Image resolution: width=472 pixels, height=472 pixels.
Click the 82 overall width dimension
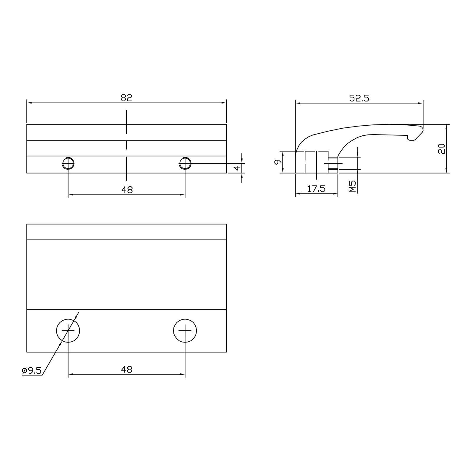[127, 98]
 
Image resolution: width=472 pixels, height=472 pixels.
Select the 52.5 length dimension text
[359, 98]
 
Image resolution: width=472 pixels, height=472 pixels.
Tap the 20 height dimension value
[441, 149]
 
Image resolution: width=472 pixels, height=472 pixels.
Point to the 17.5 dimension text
[316, 189]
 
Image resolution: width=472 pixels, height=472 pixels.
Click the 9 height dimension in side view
[277, 162]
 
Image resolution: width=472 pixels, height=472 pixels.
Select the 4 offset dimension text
[237, 168]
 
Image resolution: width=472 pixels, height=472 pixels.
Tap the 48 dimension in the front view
[127, 190]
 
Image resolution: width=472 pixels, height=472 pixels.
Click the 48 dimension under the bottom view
[127, 369]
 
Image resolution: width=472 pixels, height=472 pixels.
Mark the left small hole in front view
[68, 163]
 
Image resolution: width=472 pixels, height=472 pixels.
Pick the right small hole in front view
[185, 163]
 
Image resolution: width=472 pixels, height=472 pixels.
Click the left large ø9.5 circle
[68, 330]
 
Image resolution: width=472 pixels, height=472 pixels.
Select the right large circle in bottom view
[185, 330]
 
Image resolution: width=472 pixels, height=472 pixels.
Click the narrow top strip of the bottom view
[127, 232]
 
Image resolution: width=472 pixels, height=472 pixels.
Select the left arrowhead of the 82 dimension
[29, 103]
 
